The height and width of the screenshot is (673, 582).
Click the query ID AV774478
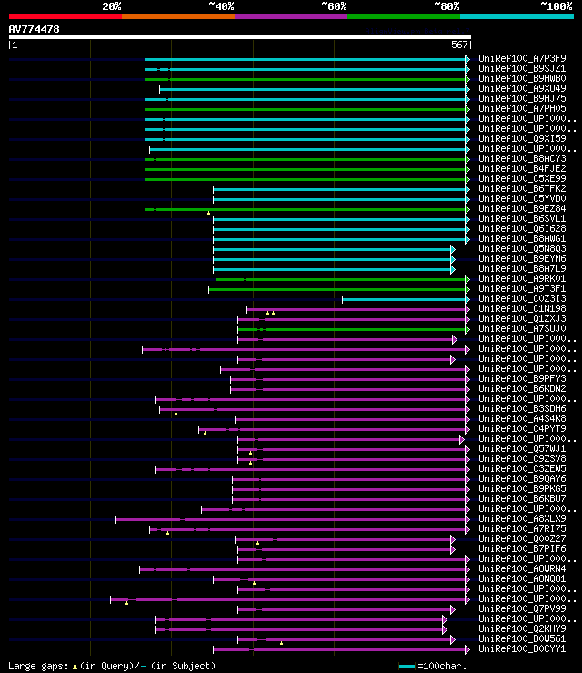[34, 29]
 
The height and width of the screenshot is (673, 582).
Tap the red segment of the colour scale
[65, 15]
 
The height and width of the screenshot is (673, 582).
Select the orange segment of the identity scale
[177, 15]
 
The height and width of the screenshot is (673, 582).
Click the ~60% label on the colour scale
[334, 5]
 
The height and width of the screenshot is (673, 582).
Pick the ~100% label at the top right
[557, 5]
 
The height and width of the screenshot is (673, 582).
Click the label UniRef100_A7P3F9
[522, 59]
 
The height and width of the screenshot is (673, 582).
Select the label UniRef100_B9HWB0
[522, 79]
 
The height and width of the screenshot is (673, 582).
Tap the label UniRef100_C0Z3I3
[522, 299]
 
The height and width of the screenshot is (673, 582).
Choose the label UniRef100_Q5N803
[522, 249]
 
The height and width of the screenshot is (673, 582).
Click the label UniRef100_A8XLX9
[522, 519]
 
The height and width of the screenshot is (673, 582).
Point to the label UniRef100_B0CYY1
[522, 649]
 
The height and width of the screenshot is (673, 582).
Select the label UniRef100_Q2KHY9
[522, 629]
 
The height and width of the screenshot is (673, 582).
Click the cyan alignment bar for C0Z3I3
[404, 299]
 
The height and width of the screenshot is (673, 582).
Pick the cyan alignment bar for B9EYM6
[332, 259]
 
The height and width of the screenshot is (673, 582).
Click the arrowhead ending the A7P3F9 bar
[467, 59]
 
